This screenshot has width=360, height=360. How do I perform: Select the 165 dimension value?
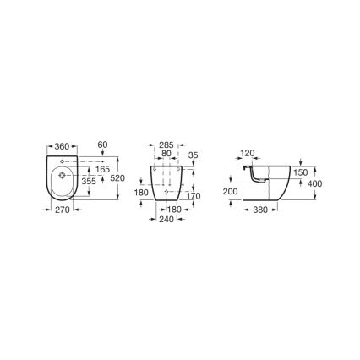[103, 170]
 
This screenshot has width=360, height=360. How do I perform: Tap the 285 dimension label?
[166, 146]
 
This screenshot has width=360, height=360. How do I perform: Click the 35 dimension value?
[194, 156]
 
